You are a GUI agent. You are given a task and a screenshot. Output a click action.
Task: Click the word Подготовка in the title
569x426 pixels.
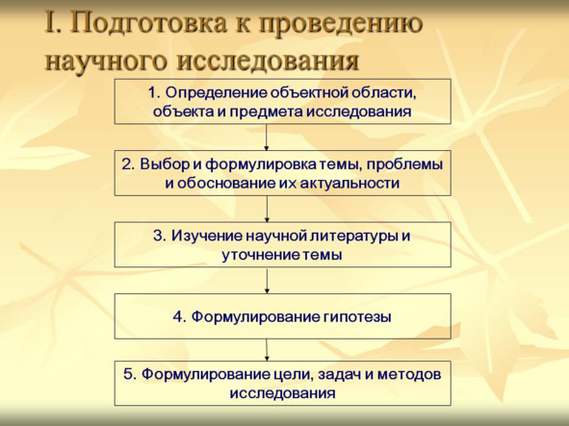point(152,23)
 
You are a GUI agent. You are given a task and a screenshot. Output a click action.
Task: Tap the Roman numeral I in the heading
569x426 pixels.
point(50,22)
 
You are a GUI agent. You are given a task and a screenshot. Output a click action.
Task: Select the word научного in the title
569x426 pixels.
point(107,61)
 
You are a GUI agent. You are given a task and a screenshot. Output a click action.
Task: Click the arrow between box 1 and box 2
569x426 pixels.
point(267,138)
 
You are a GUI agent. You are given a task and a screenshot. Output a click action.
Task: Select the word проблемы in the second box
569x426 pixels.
point(404,165)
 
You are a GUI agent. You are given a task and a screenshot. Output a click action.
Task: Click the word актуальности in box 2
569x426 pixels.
point(349,184)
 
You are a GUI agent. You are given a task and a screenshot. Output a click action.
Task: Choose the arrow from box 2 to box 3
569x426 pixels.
point(267,210)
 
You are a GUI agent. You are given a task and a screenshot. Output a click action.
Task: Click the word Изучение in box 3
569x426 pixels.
point(207,237)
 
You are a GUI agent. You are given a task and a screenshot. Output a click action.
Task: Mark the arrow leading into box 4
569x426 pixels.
point(267,281)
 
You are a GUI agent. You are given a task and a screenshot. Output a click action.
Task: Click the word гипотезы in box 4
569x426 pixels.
point(356,317)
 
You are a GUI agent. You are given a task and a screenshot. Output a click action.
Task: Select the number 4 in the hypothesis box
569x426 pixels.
point(179,317)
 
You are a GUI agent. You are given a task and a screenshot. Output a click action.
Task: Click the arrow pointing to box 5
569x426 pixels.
point(267,350)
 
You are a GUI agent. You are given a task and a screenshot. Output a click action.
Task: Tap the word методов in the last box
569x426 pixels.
point(409,374)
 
